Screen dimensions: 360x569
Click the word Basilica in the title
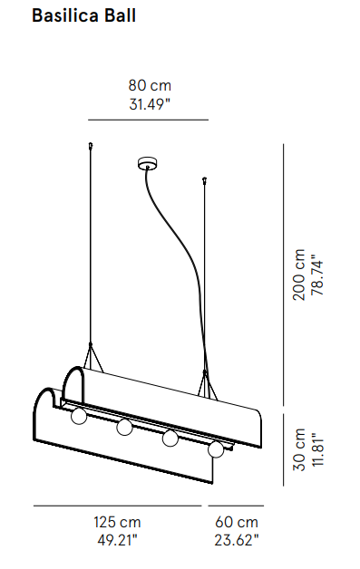[65, 15]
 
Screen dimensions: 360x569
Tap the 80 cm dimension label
[150, 86]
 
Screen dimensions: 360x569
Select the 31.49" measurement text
[150, 105]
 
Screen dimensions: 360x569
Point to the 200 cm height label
[299, 275]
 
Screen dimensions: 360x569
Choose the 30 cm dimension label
[299, 449]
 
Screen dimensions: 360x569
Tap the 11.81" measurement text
[318, 449]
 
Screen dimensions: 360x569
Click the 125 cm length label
[117, 523]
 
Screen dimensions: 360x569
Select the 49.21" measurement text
[117, 541]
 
